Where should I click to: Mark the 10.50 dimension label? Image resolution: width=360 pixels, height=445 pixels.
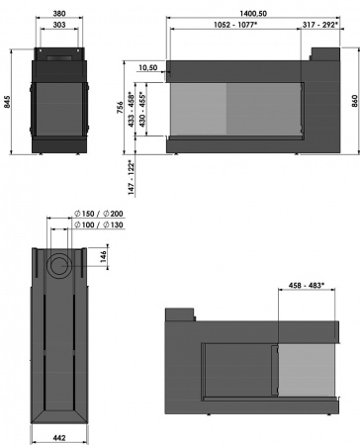pyautogui.click(x=148, y=68)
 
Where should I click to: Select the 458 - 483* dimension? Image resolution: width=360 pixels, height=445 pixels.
pyautogui.click(x=301, y=286)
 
